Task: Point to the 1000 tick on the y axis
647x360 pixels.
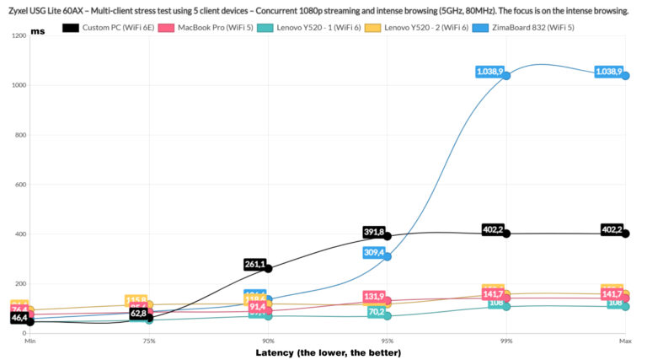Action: [17, 85]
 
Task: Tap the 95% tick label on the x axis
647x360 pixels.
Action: [388, 341]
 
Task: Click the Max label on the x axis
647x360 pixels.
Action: [625, 341]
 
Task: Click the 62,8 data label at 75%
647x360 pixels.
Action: [138, 314]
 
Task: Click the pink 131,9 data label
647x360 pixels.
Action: [374, 297]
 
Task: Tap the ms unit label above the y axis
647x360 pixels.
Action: [38, 30]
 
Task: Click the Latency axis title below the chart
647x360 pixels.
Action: [328, 352]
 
